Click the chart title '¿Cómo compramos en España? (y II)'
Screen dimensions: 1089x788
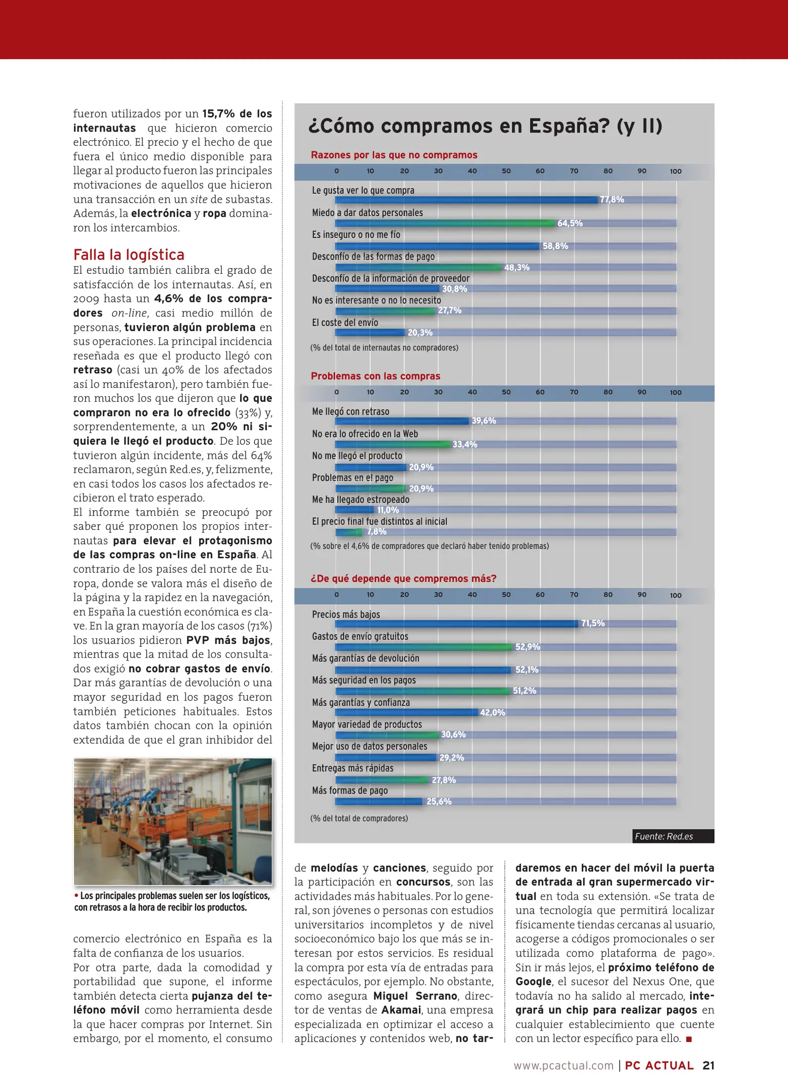click(x=484, y=126)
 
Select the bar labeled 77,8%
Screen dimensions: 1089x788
click(x=466, y=200)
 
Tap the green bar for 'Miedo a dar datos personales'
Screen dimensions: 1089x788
click(x=445, y=223)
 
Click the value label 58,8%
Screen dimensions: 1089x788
click(x=555, y=246)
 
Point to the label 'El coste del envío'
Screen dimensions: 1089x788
click(x=345, y=323)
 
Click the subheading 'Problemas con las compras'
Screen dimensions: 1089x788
click(x=375, y=376)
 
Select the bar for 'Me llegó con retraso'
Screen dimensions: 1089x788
click(x=402, y=421)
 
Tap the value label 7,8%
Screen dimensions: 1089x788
click(x=377, y=532)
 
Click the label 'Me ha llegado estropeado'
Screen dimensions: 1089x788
click(x=360, y=500)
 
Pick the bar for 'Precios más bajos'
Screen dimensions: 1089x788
click(x=456, y=624)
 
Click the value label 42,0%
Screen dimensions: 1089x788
click(x=492, y=712)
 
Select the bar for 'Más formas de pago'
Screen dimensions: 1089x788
click(x=379, y=802)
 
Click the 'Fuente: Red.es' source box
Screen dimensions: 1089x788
click(x=673, y=836)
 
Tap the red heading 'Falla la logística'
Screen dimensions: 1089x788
click(x=129, y=255)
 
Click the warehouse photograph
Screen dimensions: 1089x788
click(x=173, y=822)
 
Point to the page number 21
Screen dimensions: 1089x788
click(x=708, y=1065)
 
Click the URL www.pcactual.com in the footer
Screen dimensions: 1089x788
click(x=563, y=1065)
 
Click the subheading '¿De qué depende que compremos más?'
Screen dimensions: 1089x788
click(x=403, y=579)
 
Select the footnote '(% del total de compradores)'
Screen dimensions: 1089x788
click(x=359, y=818)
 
